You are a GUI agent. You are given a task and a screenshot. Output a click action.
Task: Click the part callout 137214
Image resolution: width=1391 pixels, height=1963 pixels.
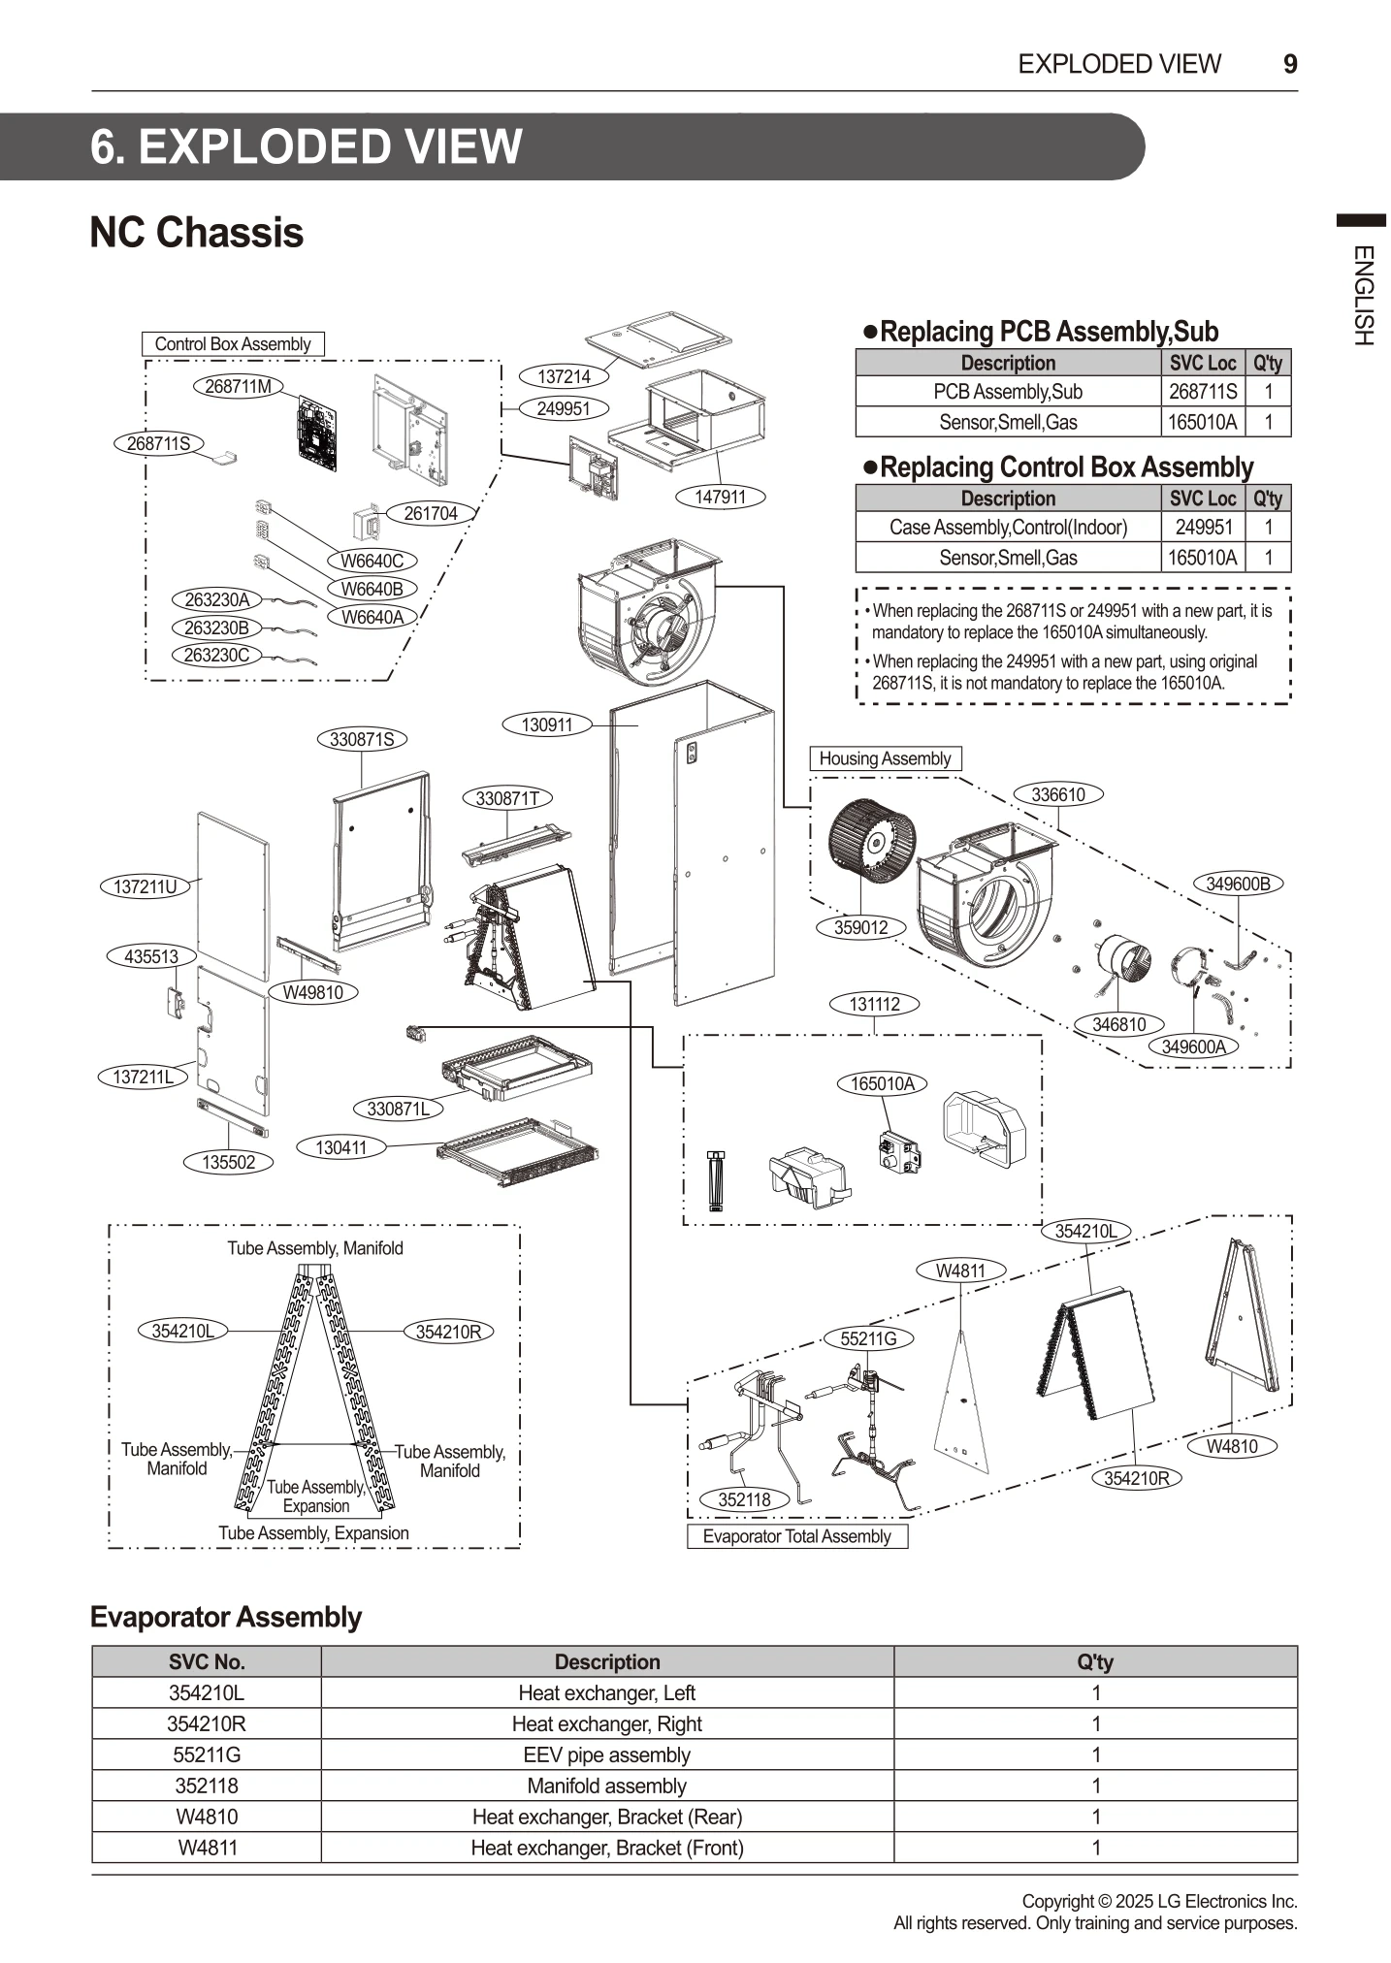coord(564,376)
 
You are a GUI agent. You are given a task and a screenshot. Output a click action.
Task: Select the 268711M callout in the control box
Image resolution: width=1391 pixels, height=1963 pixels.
coord(239,386)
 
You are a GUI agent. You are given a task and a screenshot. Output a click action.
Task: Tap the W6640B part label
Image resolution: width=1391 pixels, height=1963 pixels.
coord(372,589)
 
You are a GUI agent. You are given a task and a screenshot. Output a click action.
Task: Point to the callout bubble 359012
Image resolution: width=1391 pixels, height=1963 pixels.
coord(860,927)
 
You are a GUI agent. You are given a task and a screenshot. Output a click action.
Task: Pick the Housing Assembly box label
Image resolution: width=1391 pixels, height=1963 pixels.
coord(885,758)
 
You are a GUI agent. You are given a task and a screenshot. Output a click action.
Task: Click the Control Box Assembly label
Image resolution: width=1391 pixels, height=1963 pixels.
coord(233,344)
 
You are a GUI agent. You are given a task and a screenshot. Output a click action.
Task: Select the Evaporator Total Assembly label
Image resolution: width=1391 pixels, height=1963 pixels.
coord(796,1536)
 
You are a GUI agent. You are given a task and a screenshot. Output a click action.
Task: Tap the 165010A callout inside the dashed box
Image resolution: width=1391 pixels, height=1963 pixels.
coord(882,1083)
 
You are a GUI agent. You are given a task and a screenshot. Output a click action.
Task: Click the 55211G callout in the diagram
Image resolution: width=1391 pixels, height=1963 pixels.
coord(868,1338)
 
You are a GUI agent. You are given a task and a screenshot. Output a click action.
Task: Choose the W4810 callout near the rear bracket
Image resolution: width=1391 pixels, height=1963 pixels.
coord(1232,1446)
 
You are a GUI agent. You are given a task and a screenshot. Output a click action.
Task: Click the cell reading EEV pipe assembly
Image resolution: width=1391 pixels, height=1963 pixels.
coord(607,1754)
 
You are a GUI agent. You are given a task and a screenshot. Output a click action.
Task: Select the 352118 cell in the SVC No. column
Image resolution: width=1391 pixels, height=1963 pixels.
coord(207,1786)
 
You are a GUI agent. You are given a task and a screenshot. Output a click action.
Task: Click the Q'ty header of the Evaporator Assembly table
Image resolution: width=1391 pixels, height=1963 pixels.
coord(1095,1661)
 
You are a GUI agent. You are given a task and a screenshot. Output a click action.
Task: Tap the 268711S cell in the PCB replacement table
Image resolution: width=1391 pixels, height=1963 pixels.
coord(1203,392)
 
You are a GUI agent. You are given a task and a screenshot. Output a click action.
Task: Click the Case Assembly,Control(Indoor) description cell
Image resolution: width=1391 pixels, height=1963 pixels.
coord(1008,528)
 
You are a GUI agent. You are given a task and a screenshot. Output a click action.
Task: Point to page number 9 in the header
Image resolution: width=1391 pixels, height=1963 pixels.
coord(1290,64)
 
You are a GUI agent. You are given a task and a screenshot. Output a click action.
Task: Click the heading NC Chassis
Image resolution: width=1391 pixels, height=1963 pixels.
coord(197,233)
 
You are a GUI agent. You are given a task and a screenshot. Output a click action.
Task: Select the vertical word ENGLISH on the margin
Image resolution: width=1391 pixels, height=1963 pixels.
coord(1363,296)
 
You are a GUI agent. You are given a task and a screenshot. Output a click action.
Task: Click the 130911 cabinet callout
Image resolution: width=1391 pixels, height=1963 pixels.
coord(547,724)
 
